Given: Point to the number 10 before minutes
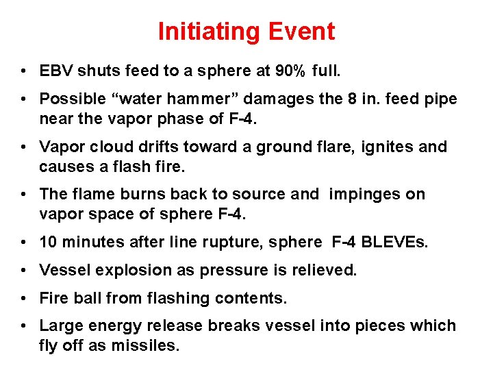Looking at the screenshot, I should (49, 242).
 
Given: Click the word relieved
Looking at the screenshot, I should (327, 270).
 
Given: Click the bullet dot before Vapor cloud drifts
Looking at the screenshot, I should (24, 147).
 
